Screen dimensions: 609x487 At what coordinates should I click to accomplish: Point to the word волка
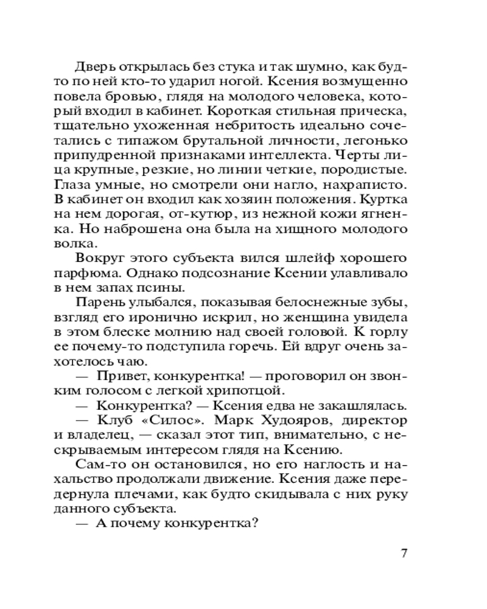point(88,244)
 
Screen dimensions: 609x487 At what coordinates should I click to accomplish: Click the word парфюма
point(99,273)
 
